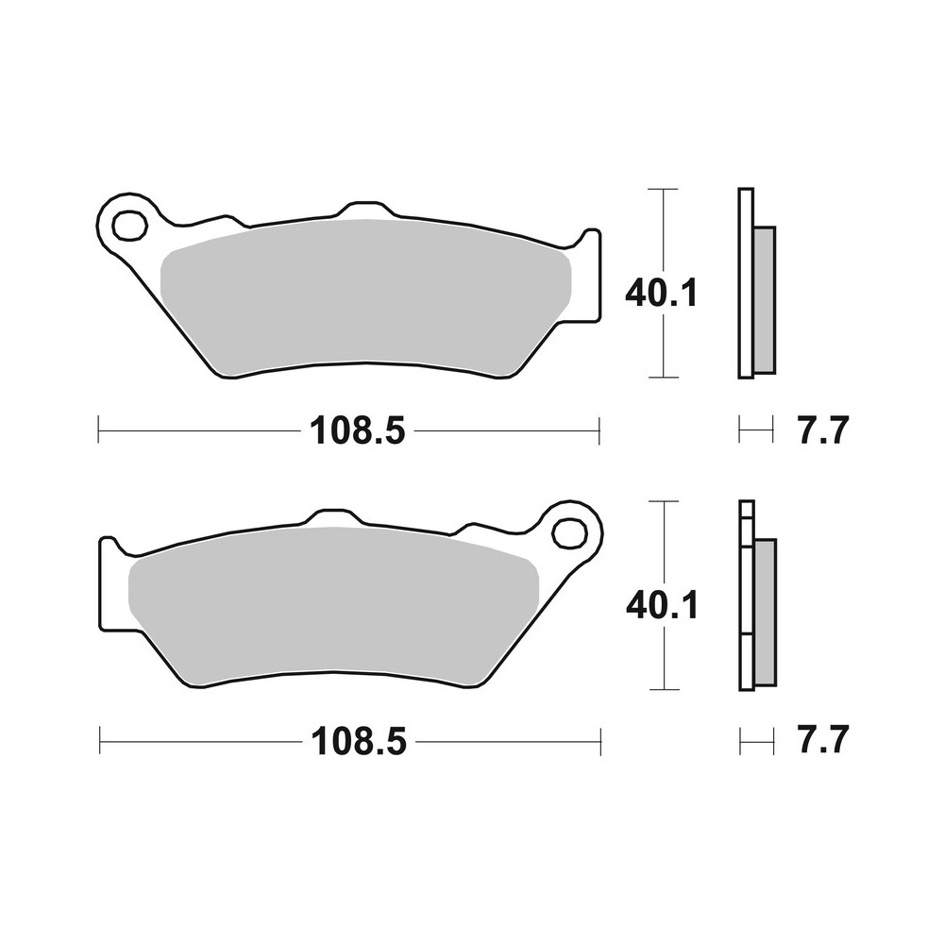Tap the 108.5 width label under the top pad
[x=358, y=432]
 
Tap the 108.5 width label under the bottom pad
[x=358, y=742]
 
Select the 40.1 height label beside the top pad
[x=661, y=295]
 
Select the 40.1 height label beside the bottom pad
[x=661, y=604]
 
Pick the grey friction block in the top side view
[x=764, y=298]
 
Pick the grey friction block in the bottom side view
[x=765, y=611]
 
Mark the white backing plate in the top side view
[x=745, y=283]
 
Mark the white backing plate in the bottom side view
[x=746, y=595]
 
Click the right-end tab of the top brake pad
[x=588, y=274]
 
